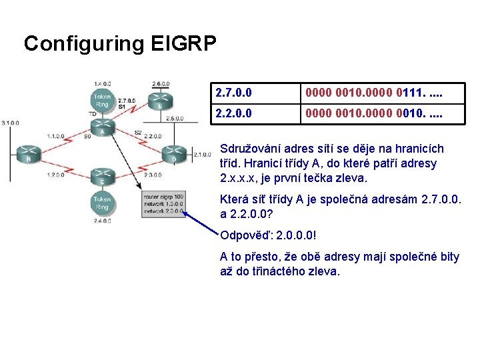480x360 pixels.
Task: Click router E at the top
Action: (160, 100)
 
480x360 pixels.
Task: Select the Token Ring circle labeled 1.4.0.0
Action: (102, 100)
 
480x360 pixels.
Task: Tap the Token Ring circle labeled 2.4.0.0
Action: (102, 202)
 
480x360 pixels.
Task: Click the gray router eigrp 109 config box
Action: (163, 203)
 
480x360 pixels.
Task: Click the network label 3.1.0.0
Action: (11, 123)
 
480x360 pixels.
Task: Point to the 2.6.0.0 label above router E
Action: (161, 84)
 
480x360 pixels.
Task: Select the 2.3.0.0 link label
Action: (153, 175)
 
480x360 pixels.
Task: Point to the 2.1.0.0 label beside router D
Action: (201, 155)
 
